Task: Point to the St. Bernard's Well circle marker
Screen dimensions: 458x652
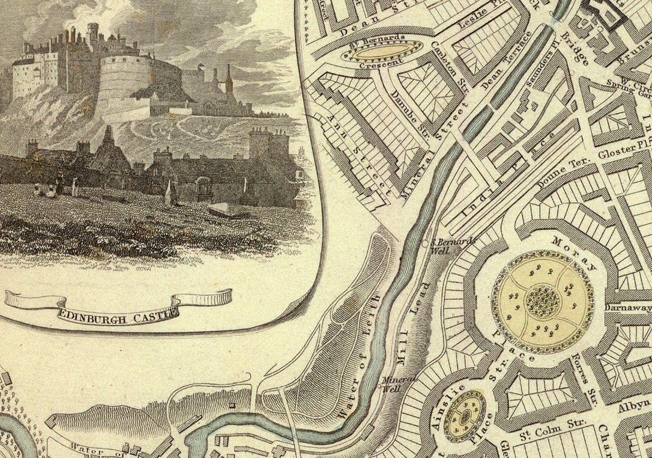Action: pyautogui.click(x=426, y=243)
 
